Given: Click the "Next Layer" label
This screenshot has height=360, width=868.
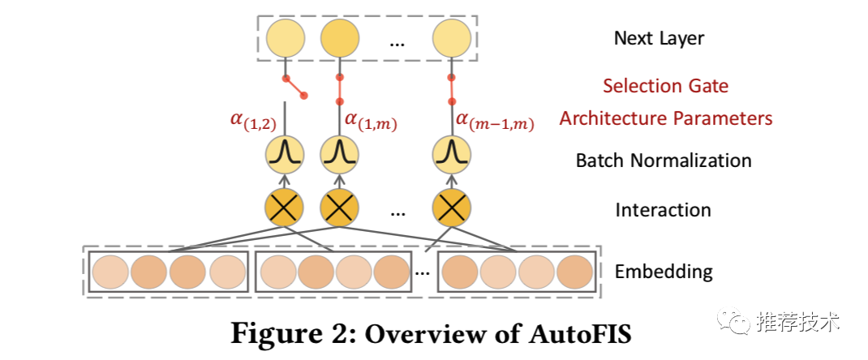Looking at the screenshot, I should click(x=659, y=38).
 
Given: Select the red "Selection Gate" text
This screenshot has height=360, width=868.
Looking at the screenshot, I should click(x=664, y=86).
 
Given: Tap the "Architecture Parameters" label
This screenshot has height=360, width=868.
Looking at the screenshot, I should click(x=665, y=118).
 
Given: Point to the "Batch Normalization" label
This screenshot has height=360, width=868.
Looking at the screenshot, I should click(x=663, y=161).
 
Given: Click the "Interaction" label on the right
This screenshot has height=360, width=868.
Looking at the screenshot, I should click(x=663, y=210).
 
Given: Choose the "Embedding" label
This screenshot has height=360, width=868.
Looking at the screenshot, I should click(x=664, y=272).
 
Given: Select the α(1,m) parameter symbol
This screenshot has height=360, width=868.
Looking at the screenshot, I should click(x=370, y=122).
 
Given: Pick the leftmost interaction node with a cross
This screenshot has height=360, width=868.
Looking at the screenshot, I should click(x=284, y=210).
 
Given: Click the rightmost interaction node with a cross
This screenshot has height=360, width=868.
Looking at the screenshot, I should click(x=451, y=210).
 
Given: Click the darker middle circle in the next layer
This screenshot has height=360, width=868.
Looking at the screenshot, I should click(x=340, y=38).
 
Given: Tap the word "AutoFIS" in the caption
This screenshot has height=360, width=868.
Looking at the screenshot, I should click(x=572, y=334).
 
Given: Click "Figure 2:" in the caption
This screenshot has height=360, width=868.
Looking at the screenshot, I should click(x=290, y=334).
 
